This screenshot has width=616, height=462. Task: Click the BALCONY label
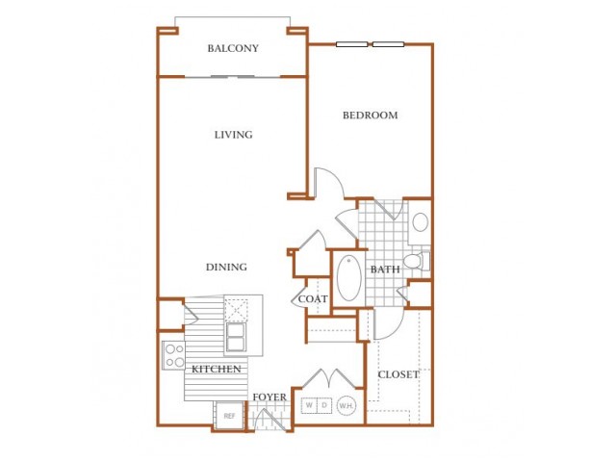pos(233,48)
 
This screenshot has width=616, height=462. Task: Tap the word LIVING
pos(233,135)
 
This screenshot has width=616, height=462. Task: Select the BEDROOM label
pos(370,115)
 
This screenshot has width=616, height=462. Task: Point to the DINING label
pos(227,268)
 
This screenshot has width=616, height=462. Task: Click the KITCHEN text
pos(216,370)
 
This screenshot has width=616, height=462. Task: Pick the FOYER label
pos(269,398)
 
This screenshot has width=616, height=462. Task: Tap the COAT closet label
pos(313,299)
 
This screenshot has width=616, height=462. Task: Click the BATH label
pos(385,269)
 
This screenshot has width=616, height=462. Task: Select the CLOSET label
pos(398,374)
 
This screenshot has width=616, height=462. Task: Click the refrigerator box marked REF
pos(229,416)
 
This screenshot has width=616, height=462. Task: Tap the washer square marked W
pos(309,405)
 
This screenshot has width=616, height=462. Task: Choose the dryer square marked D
pos(324,405)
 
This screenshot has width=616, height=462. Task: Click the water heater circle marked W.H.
pos(346,405)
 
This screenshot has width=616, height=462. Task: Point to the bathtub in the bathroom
pos(348,278)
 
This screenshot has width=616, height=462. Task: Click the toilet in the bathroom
pos(417,261)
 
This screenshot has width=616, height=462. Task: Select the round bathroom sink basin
pos(420,222)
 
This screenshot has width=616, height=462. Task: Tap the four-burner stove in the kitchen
pos(173,355)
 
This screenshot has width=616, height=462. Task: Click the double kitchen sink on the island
pos(235,337)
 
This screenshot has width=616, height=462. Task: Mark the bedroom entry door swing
pos(329,183)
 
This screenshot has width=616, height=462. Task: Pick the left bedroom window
pos(352,44)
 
